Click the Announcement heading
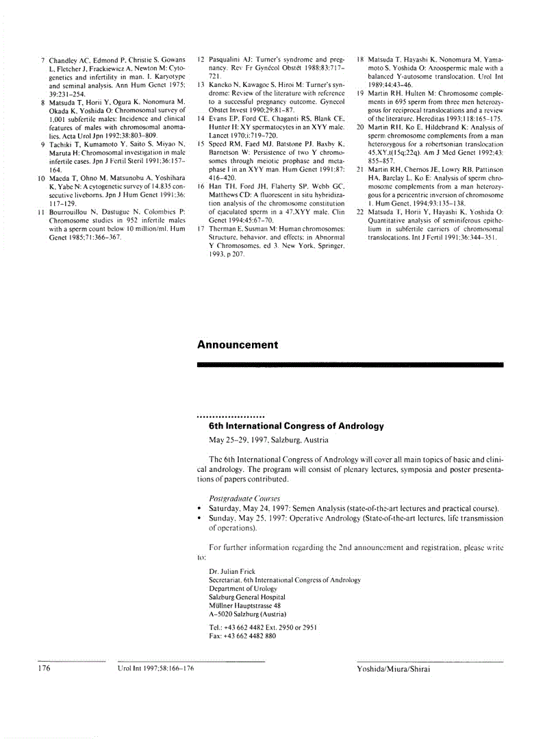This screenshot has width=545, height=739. point(238,345)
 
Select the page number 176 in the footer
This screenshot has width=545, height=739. point(45,669)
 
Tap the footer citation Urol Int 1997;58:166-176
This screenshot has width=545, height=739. point(156,669)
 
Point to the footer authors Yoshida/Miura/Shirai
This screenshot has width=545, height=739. point(394,669)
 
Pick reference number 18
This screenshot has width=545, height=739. point(360,60)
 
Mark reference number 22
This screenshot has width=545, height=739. point(360,212)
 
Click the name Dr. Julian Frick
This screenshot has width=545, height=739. point(233,571)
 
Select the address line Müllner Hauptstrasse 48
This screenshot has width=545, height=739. point(244,605)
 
